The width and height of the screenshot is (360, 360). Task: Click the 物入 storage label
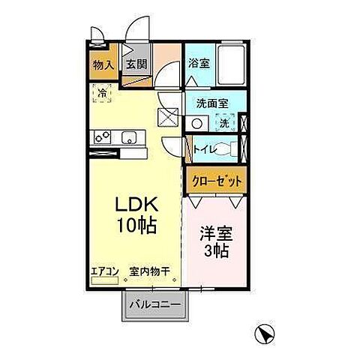103,65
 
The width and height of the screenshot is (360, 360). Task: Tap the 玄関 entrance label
135,65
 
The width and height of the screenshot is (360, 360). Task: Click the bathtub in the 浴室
232,64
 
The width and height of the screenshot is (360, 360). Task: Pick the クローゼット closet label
216,181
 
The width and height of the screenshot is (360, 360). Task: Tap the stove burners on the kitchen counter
101,137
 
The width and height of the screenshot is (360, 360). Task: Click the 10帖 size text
135,225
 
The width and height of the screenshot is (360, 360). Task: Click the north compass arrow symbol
263,331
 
